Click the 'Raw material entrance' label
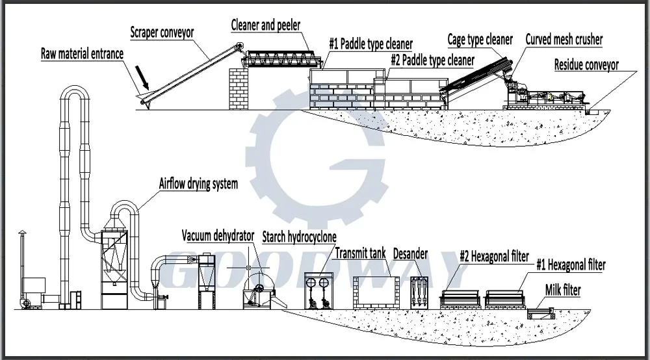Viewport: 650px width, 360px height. (x=82, y=54)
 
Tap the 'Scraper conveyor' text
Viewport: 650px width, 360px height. (x=162, y=32)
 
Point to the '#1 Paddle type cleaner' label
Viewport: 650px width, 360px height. (x=370, y=44)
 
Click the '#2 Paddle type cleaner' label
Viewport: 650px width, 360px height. (x=432, y=60)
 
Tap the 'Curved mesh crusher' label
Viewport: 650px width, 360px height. (x=564, y=40)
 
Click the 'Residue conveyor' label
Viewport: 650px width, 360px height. (x=586, y=64)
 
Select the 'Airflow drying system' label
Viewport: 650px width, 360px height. (x=198, y=183)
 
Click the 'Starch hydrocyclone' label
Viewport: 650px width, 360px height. (x=300, y=237)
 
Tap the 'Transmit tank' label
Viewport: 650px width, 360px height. (x=361, y=253)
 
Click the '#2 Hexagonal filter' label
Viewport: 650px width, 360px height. (x=494, y=256)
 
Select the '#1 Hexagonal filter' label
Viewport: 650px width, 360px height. (x=571, y=265)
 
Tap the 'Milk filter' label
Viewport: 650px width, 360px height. (x=563, y=290)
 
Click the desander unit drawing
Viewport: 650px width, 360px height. (x=420, y=290)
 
